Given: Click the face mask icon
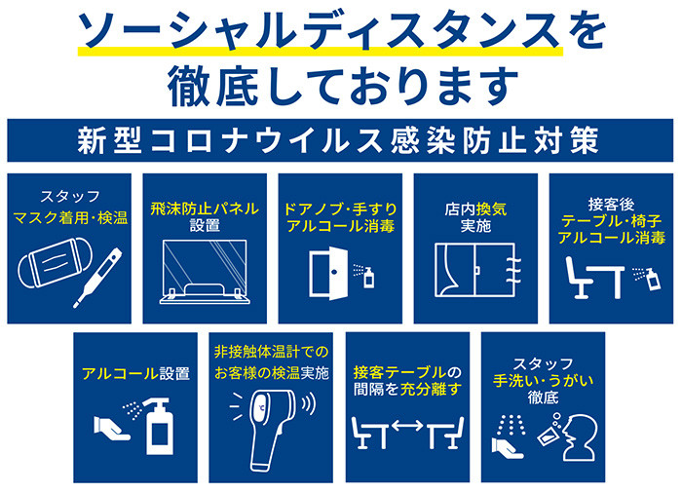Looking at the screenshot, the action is (56, 262).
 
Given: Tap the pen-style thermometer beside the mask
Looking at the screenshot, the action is (98, 278).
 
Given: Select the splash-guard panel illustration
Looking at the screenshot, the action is (205, 272).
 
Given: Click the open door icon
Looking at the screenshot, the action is (328, 273).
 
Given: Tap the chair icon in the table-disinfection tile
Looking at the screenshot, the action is (579, 278).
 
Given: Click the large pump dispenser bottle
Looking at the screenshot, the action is (160, 426).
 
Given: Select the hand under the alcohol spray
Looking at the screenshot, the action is (111, 428).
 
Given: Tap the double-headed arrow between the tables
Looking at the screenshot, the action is (407, 426).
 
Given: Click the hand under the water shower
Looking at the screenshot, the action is (508, 448).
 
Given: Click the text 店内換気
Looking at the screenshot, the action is (475, 209).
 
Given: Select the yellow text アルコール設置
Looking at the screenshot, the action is (135, 373).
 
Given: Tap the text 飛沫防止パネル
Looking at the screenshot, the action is (205, 209).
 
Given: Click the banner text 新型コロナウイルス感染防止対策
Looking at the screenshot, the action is (338, 140).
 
